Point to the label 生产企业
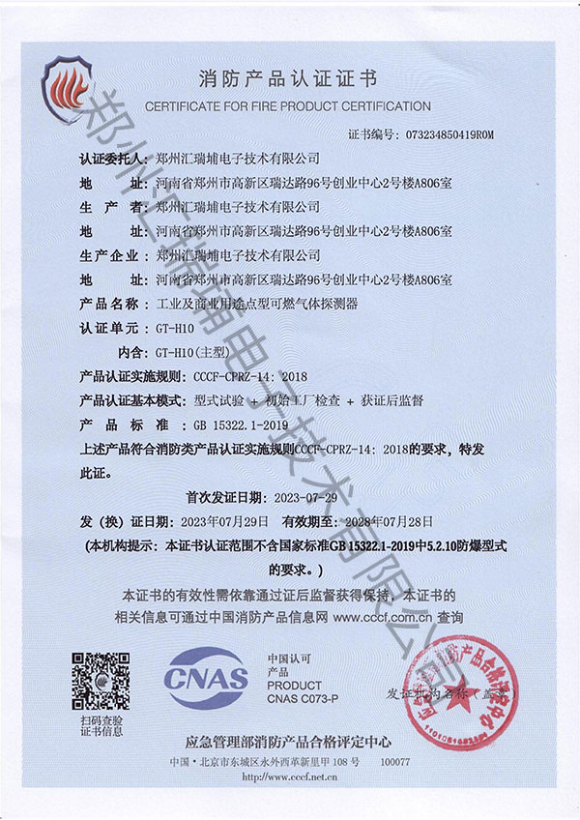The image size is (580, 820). click(112, 255)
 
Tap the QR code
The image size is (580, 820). click(101, 682)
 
